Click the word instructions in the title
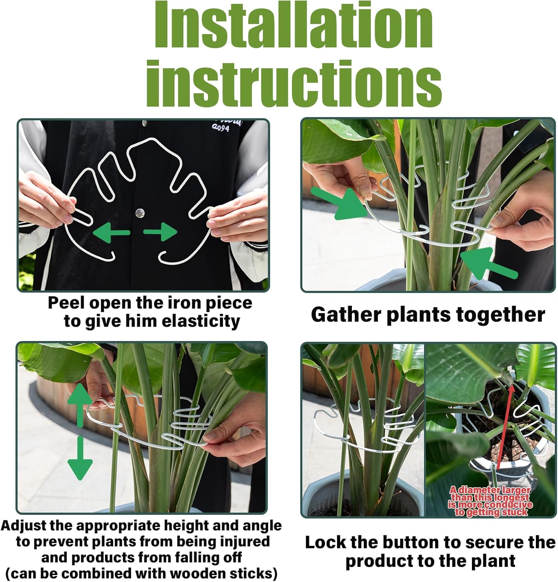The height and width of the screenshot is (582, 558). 293,81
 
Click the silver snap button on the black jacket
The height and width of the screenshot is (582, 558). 140,213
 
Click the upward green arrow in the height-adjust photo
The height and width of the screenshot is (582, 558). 80,404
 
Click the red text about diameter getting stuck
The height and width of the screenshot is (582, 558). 490,501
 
